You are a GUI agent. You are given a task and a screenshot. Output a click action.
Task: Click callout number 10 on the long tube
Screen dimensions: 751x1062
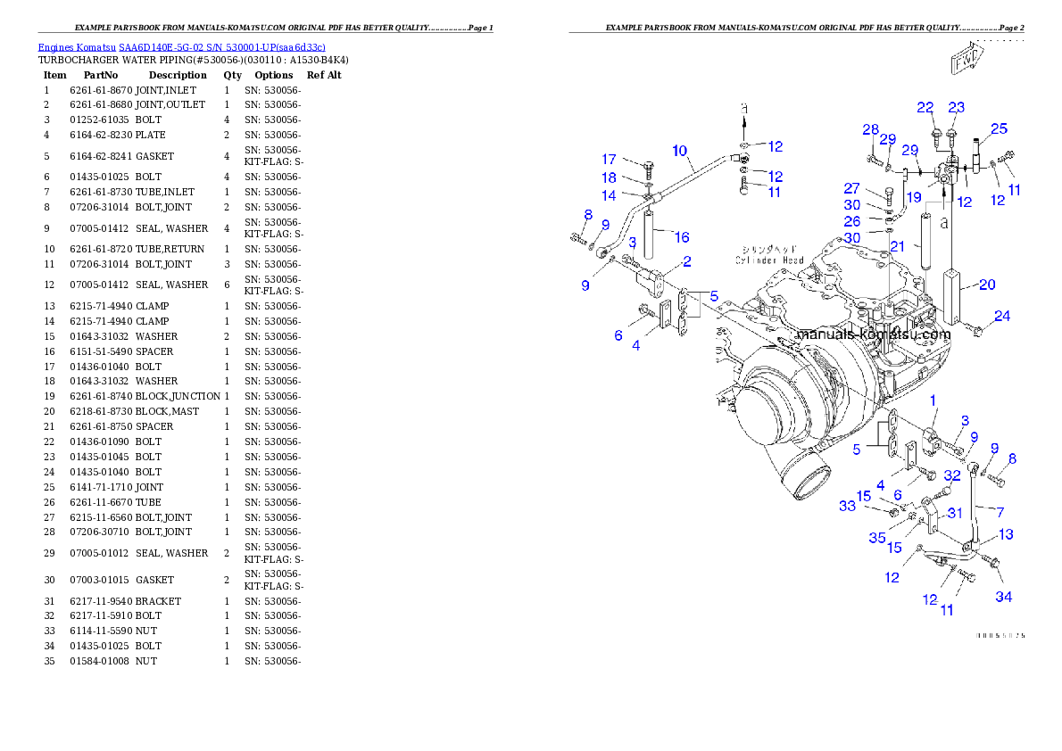coord(680,151)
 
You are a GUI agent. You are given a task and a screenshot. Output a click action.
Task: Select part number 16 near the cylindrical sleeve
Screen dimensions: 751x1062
coord(682,237)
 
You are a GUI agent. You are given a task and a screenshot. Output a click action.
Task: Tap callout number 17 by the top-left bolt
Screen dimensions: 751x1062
coord(609,160)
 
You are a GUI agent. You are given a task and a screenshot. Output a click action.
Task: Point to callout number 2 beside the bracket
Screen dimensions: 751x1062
coord(687,261)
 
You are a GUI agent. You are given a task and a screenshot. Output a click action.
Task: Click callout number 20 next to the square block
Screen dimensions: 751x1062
coord(987,285)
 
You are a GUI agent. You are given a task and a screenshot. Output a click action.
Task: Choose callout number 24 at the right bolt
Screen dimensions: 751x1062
coord(1002,316)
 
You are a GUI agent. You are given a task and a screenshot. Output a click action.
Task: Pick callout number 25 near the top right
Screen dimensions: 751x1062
coord(999,128)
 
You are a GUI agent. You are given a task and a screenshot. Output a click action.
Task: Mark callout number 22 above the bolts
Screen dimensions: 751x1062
coord(925,107)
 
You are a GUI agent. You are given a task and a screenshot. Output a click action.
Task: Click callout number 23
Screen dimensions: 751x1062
coord(956,107)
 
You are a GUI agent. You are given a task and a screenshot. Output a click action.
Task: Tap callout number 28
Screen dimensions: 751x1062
coord(870,129)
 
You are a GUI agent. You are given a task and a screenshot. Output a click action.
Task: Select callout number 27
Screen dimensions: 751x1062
coord(852,188)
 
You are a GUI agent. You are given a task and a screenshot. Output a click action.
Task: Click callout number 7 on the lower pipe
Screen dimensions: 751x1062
coord(1000,512)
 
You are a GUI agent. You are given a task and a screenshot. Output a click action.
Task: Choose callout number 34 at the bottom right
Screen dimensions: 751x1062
coord(1004,597)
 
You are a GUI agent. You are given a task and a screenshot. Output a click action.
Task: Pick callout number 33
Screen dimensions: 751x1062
coord(847,506)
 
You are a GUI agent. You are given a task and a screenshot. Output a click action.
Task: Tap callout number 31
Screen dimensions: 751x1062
coord(955,512)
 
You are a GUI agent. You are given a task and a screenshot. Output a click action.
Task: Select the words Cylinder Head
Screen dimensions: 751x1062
coord(769,260)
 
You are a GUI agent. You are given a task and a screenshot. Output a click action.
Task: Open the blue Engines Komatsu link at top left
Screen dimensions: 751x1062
coord(181,46)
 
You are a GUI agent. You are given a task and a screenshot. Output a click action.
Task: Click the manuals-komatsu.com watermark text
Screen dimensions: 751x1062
coord(872,334)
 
